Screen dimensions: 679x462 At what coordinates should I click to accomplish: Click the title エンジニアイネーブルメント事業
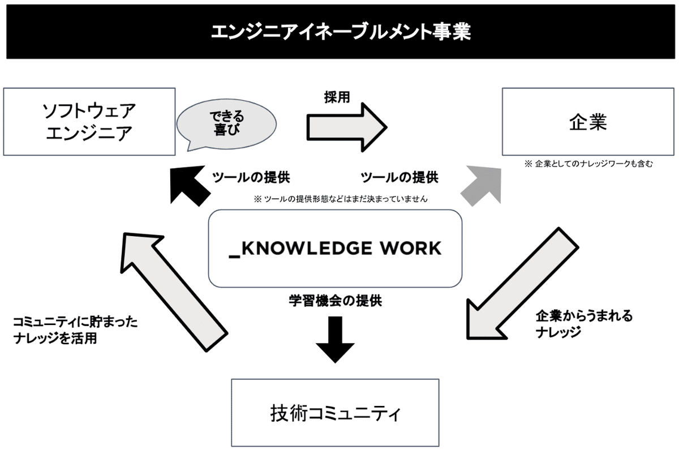click(x=341, y=32)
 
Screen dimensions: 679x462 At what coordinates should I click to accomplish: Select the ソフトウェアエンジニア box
click(x=89, y=122)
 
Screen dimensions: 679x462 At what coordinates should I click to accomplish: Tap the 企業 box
click(x=588, y=122)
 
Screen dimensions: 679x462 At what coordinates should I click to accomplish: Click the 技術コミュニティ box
click(x=335, y=413)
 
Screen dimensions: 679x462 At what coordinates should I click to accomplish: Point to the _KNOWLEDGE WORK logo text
click(x=335, y=249)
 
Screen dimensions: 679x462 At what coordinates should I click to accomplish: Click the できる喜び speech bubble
click(x=226, y=125)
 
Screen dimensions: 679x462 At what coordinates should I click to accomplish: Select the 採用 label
click(x=337, y=97)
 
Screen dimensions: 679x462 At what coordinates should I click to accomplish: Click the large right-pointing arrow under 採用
click(x=347, y=127)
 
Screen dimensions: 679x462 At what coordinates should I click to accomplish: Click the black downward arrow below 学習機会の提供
click(x=335, y=340)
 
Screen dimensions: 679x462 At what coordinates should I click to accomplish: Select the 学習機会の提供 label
click(x=335, y=301)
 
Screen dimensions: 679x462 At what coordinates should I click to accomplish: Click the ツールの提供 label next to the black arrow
click(x=251, y=177)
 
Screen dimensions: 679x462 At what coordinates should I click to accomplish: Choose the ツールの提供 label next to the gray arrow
click(x=399, y=177)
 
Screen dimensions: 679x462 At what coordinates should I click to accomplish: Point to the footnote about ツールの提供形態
click(x=341, y=199)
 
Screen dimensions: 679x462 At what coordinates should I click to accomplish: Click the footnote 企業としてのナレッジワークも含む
click(x=588, y=164)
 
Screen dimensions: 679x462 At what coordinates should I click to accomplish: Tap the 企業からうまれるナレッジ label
click(x=584, y=324)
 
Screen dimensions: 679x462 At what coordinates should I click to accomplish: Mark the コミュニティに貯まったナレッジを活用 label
click(x=75, y=330)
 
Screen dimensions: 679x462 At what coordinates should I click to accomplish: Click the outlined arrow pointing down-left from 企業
click(x=523, y=283)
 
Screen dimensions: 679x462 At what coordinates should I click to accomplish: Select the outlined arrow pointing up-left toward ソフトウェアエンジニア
click(x=174, y=292)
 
